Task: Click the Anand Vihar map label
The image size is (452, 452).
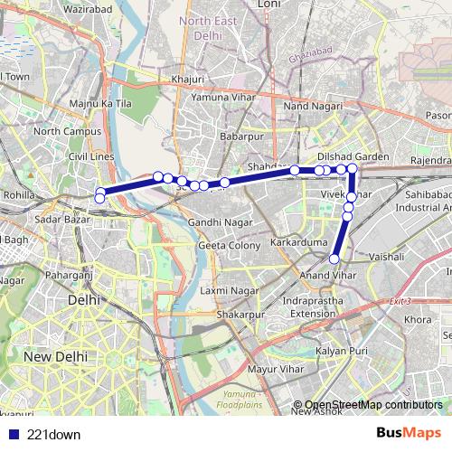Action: pos(326,273)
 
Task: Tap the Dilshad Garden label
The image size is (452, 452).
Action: pos(353,156)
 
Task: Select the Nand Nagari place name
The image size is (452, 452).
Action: pos(313,107)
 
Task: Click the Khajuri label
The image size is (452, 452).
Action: pos(187,80)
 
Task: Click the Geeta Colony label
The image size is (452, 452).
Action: pos(229,245)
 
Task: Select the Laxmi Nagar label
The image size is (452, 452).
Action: pos(230,290)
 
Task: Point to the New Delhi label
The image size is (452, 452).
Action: pos(55,356)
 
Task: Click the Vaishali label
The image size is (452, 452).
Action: pos(385,257)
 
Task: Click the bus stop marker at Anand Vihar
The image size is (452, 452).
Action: pos(334,259)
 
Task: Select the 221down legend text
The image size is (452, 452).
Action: pos(53,435)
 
